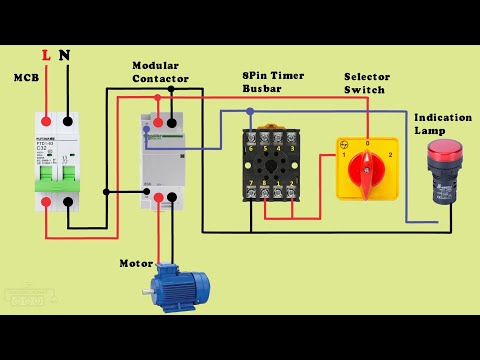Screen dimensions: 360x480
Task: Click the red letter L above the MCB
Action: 45,56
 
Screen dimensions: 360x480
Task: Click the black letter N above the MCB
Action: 66,56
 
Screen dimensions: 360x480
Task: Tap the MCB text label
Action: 24,78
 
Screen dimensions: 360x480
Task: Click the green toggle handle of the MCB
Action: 55,182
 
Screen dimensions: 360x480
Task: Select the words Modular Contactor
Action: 157,72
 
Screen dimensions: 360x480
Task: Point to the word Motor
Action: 136,264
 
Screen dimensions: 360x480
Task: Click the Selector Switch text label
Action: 367,82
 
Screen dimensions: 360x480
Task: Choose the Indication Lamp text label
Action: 442,124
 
